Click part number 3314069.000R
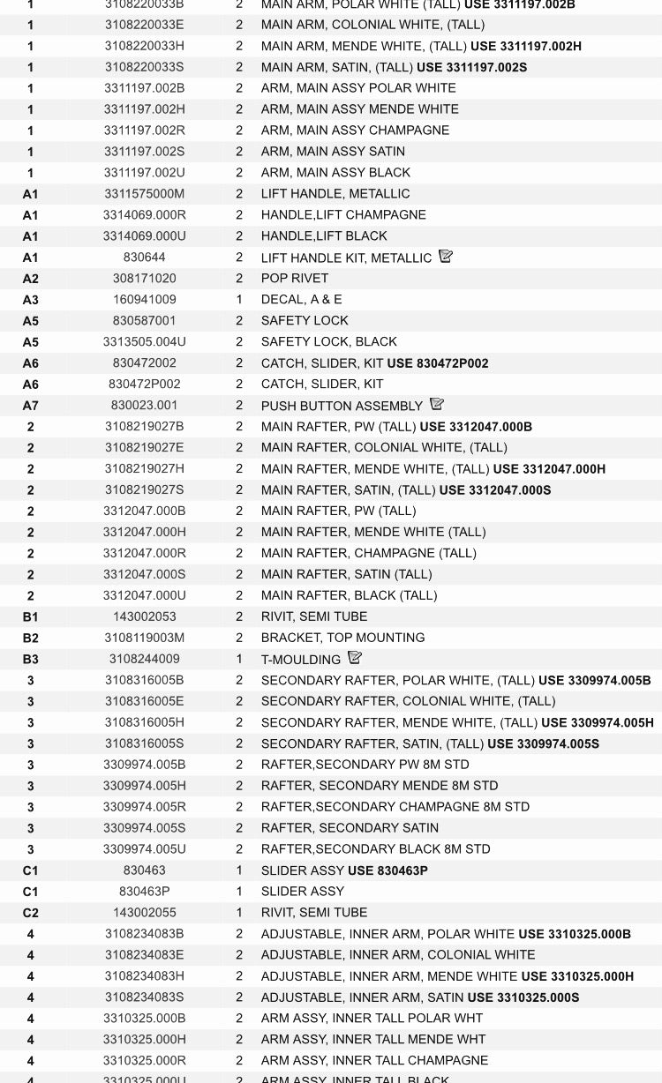145,215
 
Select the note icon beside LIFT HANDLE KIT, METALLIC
446,257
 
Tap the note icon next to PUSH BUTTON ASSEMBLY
436,405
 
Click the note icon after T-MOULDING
355,658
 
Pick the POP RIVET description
295,279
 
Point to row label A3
30,300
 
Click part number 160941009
145,300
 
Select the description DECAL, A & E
302,300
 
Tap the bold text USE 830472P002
438,363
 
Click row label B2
30,638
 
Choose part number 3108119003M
145,638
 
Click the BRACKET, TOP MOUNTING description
343,638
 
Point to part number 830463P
145,892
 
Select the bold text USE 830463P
387,870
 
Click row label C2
30,913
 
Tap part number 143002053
145,616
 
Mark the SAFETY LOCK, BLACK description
329,342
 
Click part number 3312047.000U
145,595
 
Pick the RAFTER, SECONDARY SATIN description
350,828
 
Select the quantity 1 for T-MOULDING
239,659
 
